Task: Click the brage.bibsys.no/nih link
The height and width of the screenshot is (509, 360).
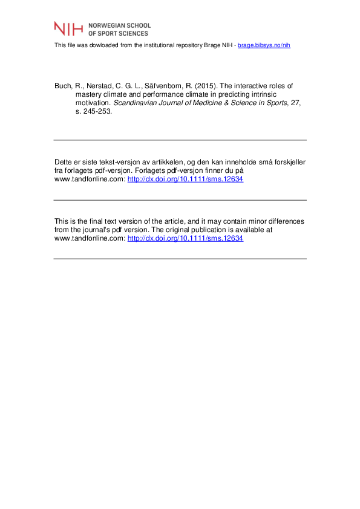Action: (x=264, y=45)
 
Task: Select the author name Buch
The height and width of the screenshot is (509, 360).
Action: (x=63, y=86)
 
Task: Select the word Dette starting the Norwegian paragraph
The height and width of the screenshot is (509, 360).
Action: (x=64, y=162)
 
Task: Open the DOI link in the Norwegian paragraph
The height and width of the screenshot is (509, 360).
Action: (x=186, y=180)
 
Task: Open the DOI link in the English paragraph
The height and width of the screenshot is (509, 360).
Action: (x=186, y=239)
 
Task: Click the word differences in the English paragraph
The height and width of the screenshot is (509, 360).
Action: (x=286, y=221)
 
